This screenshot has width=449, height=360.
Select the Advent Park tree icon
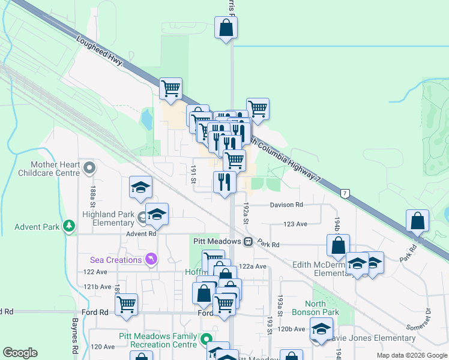[x=70, y=226]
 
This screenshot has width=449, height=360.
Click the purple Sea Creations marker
[x=150, y=259]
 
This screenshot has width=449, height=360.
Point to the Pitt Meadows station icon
[x=247, y=241]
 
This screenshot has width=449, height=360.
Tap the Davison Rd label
[x=286, y=205]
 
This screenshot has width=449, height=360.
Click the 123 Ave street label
[x=297, y=223]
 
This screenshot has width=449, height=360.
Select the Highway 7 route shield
[x=345, y=194]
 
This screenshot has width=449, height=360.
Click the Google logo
[x=20, y=352]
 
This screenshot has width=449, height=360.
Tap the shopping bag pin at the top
[x=226, y=28]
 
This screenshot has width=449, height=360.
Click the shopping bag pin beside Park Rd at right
[x=417, y=221]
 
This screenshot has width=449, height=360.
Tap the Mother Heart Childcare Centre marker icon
[x=90, y=167]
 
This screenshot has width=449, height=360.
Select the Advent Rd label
[x=140, y=233]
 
